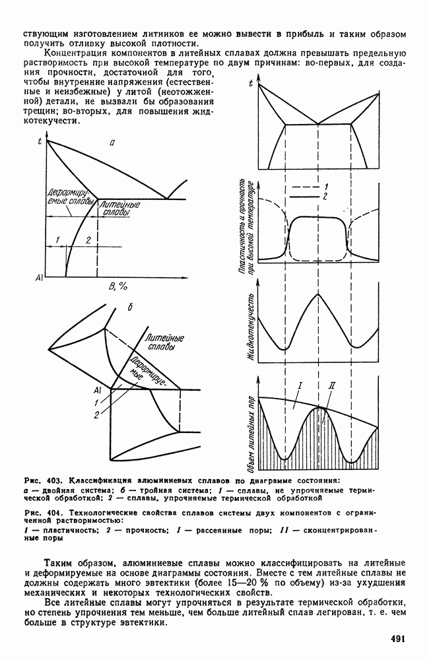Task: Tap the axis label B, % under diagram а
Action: (116, 286)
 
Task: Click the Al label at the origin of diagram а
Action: (39, 279)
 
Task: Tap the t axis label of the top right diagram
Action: (251, 83)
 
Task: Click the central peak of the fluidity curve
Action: (319, 294)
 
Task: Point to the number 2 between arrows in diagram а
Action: (88, 239)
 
